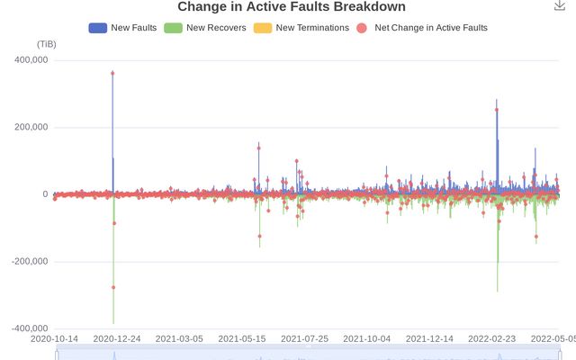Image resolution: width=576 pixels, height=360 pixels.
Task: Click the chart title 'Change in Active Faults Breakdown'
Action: [291, 7]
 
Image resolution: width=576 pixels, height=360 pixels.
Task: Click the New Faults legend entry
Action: [122, 28]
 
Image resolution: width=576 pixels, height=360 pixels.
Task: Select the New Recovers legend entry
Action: [204, 28]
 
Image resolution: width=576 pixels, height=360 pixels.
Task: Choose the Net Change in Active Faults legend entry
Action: [422, 28]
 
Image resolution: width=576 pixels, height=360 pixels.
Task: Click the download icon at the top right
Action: [560, 5]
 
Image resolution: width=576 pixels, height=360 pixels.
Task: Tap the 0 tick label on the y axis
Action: [44, 194]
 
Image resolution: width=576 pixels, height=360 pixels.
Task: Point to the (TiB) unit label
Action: [47, 44]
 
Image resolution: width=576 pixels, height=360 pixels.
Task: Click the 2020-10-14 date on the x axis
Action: [54, 339]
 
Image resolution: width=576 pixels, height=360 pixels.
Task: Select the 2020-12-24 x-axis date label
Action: [116, 339]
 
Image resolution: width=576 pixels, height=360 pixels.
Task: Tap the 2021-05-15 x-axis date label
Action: [241, 339]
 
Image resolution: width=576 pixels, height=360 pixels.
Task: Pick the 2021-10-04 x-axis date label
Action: [366, 339]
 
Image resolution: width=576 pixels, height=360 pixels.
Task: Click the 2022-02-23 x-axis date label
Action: [491, 339]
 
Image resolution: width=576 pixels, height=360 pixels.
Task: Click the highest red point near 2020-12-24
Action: [112, 73]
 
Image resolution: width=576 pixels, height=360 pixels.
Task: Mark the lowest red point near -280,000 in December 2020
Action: [113, 287]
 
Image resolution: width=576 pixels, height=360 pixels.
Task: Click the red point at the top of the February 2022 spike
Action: [497, 110]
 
